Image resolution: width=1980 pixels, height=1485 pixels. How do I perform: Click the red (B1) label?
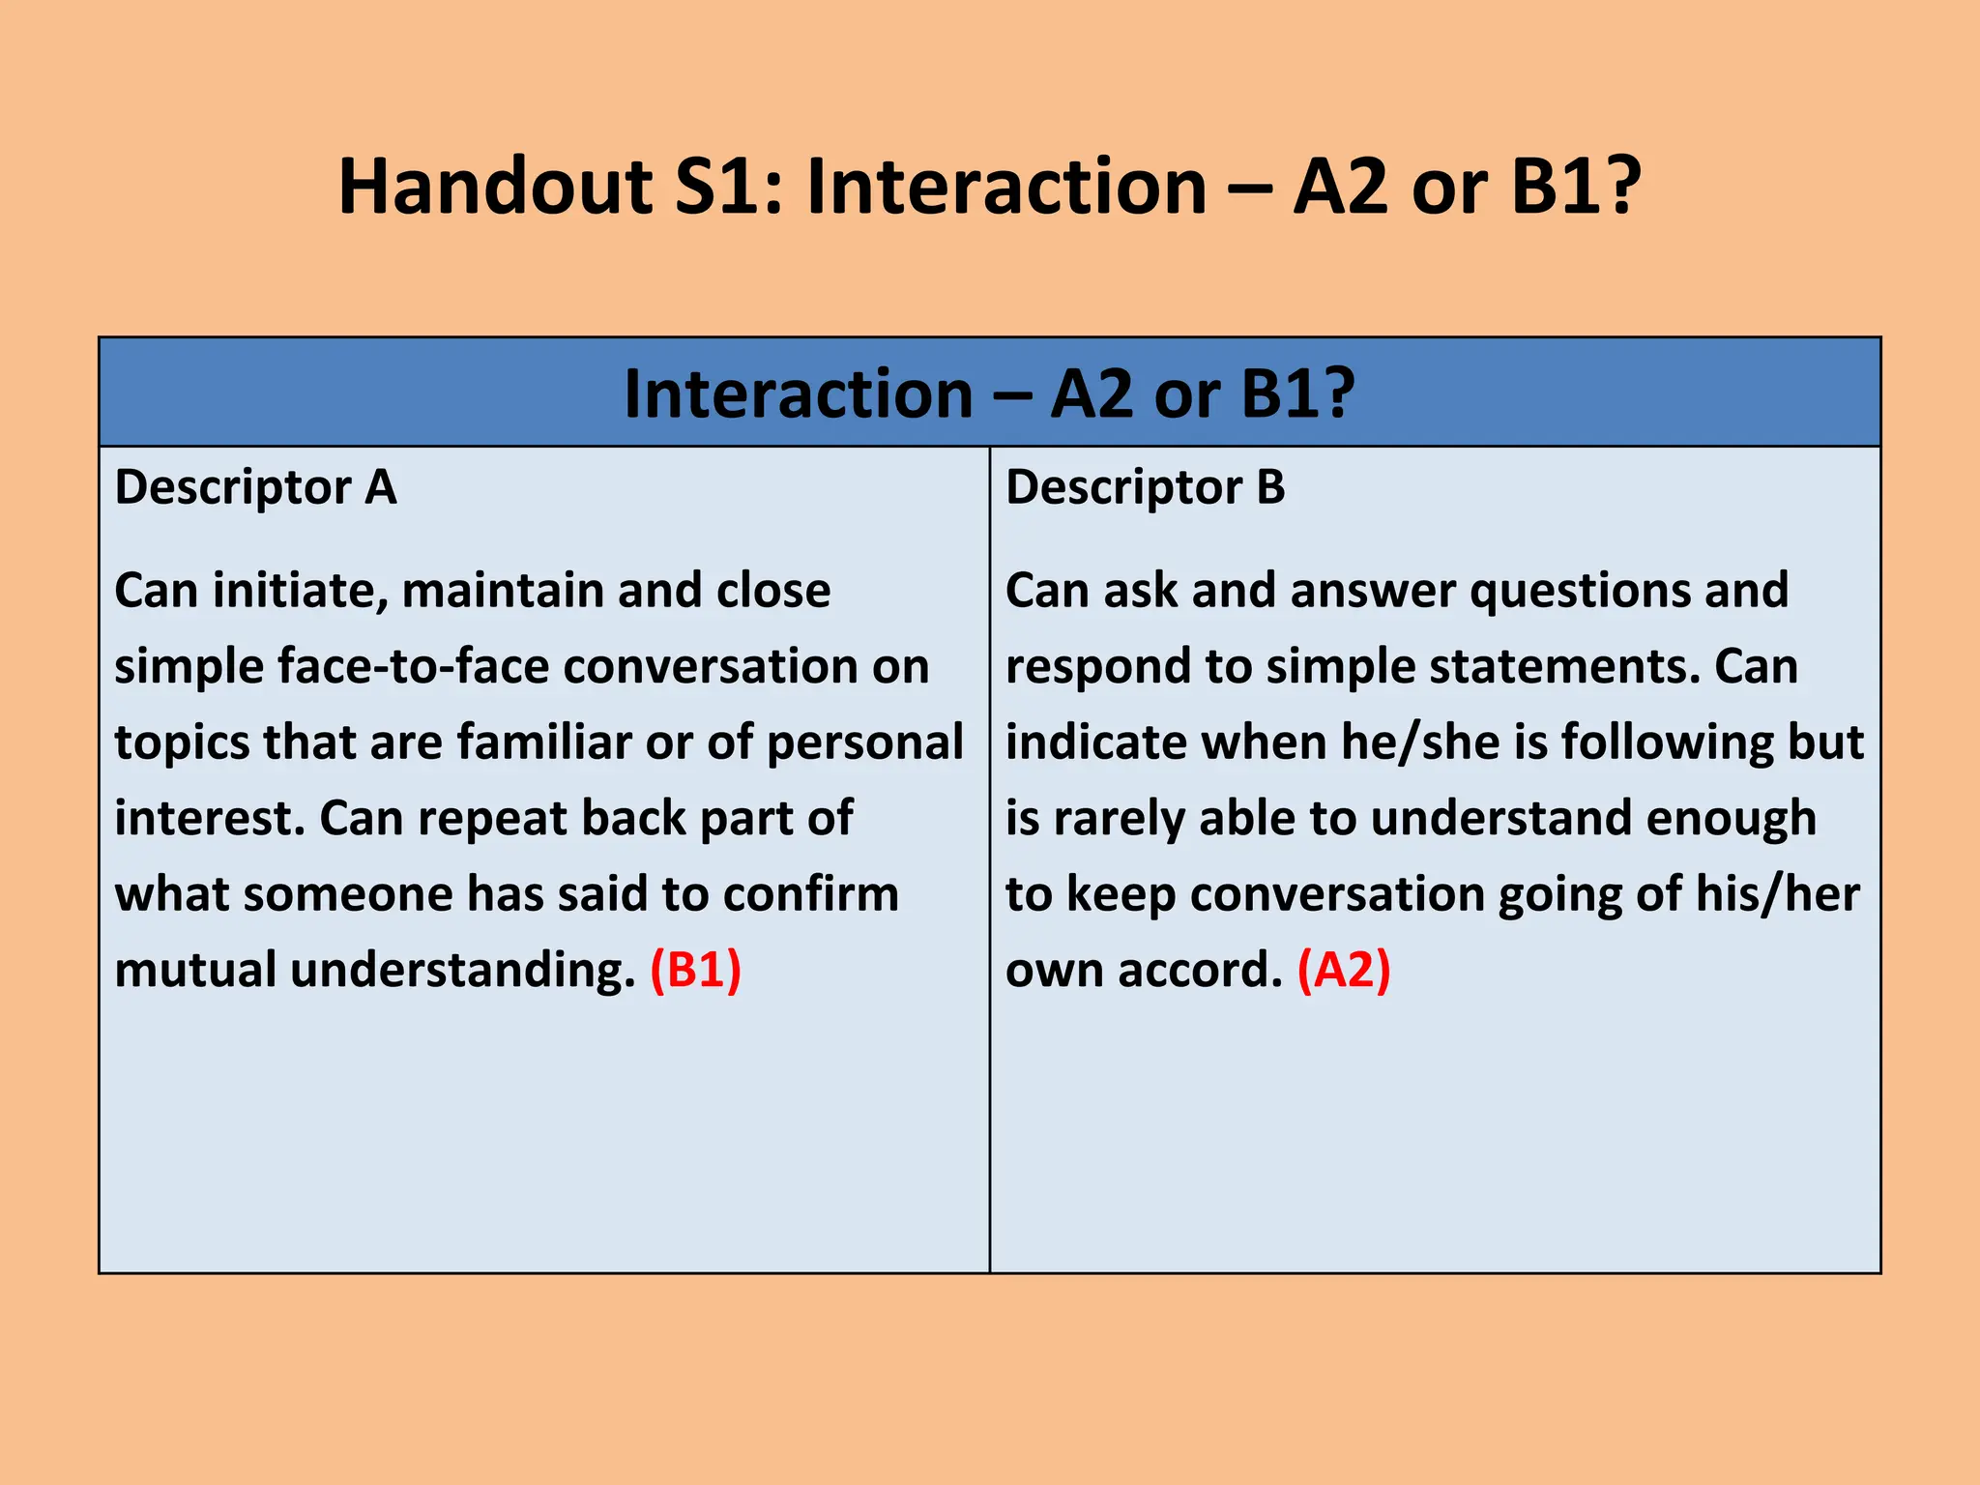695,970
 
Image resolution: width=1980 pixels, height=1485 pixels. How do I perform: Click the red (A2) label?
1344,970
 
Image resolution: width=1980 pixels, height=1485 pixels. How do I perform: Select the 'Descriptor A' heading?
255,487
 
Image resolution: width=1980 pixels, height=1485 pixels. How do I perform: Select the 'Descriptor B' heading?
1146,487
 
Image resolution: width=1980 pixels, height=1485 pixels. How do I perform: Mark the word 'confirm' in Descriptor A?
811,894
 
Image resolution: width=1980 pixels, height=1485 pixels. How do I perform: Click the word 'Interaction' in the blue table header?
799,394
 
